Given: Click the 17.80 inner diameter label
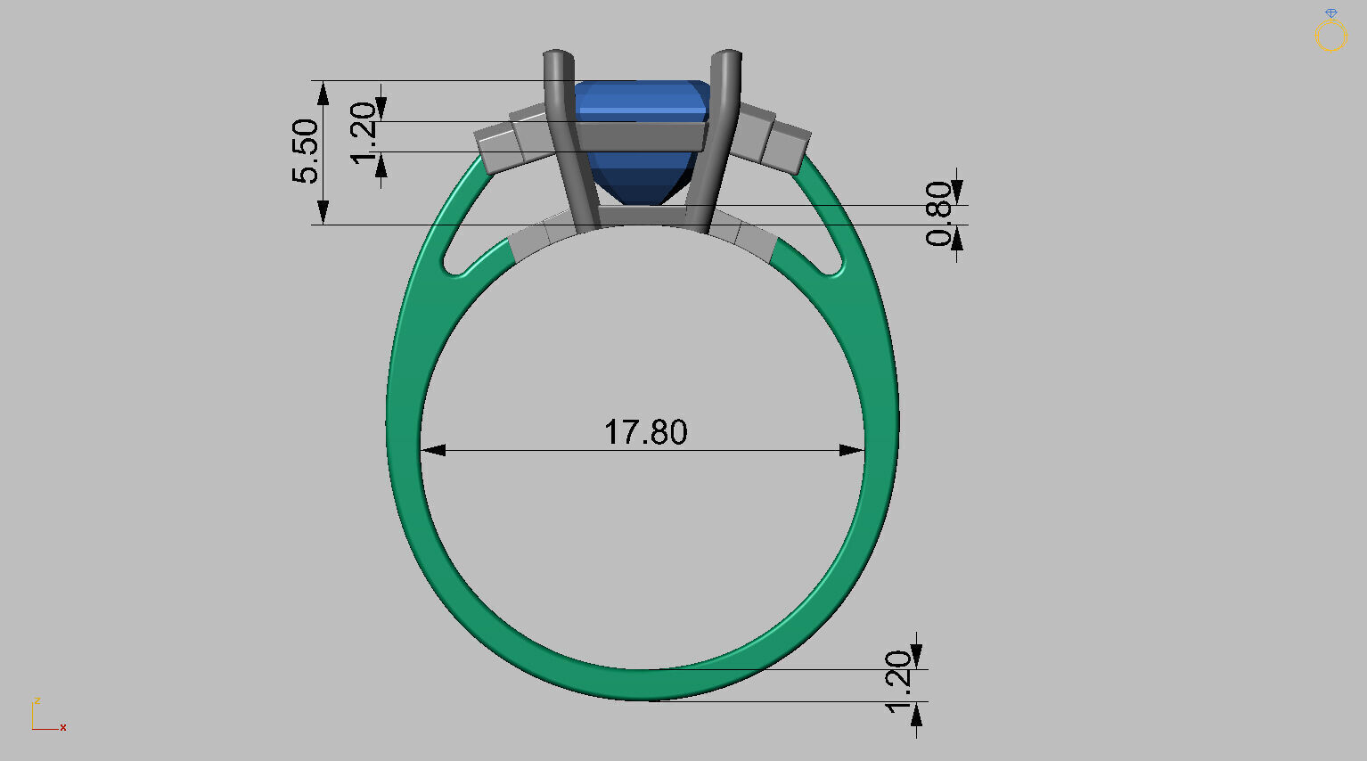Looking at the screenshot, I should click(645, 432).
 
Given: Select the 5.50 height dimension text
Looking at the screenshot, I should click(305, 151).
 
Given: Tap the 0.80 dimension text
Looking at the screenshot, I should click(938, 214).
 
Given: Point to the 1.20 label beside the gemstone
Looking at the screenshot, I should click(364, 133).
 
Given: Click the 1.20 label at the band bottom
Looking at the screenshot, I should click(898, 682).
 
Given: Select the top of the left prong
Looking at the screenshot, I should click(558, 57).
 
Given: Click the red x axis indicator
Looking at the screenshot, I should click(63, 728).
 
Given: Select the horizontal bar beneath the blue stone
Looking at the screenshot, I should click(642, 215).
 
